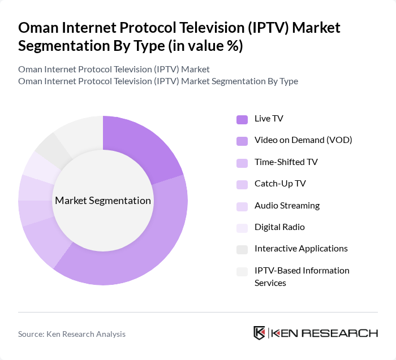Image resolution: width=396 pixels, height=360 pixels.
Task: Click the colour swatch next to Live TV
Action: coord(242,119)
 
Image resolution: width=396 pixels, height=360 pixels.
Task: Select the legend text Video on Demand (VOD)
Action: coord(303,140)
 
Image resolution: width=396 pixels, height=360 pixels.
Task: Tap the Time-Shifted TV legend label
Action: coord(286,162)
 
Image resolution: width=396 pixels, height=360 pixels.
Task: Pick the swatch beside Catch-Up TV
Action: coord(242,184)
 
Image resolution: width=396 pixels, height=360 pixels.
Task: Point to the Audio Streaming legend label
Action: coord(287,206)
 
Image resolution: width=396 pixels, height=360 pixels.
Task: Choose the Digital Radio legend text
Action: coord(279,227)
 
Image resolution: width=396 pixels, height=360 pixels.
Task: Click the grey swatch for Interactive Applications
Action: coord(242,249)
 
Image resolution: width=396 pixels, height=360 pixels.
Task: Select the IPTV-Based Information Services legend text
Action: coord(302,276)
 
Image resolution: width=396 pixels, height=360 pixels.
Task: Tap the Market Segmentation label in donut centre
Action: coord(103,201)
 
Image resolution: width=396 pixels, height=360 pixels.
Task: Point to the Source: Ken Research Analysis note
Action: coord(72,334)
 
